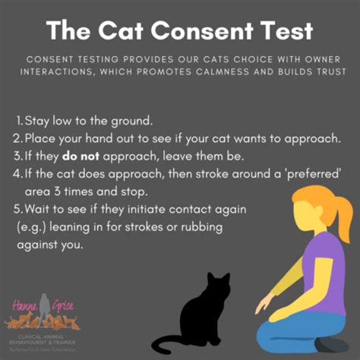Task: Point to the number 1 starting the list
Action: tap(17, 122)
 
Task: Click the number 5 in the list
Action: tap(17, 209)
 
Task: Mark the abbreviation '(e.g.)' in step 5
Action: tap(30, 226)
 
